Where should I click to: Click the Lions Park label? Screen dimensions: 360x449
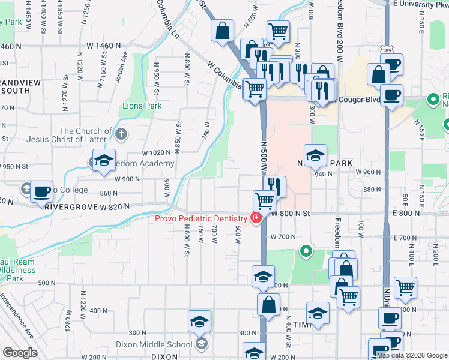tap(142, 106)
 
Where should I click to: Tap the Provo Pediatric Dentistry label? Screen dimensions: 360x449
tap(201, 218)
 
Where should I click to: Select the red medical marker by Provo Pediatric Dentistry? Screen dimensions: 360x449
tap(256, 218)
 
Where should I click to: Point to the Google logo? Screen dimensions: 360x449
tap(19, 353)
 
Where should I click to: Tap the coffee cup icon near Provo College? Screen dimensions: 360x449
tap(42, 191)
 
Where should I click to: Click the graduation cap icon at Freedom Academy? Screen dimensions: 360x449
tap(104, 160)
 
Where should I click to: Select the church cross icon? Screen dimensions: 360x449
tap(122, 133)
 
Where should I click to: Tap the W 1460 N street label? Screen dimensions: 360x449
tap(104, 46)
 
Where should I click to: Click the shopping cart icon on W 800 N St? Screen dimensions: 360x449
tap(264, 200)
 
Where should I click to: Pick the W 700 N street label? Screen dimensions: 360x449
tap(283, 236)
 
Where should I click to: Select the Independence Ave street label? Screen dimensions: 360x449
tap(17, 316)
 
